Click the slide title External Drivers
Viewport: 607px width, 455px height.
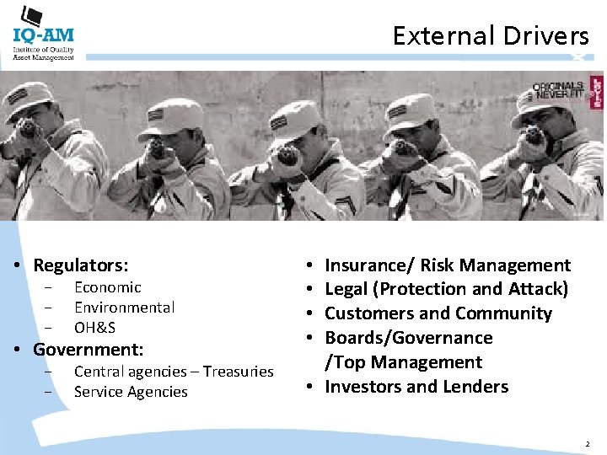click(491, 35)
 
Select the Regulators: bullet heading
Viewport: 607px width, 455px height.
click(81, 265)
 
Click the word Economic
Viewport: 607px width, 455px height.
click(108, 287)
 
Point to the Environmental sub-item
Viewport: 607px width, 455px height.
click(125, 308)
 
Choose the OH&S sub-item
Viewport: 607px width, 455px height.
click(94, 328)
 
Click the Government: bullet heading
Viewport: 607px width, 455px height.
click(89, 349)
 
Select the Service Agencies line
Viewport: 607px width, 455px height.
click(131, 392)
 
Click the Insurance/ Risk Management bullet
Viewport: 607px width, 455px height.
click(448, 265)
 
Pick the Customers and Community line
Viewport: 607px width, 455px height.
click(438, 313)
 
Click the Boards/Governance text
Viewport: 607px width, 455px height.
click(409, 338)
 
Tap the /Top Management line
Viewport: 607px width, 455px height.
click(404, 362)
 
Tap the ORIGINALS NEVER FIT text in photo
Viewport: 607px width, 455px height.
click(557, 91)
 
